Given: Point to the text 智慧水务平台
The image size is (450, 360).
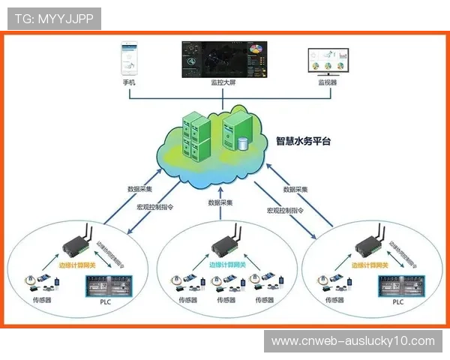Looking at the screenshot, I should tap(303, 140).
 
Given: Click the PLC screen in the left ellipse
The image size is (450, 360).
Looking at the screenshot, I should tap(104, 286).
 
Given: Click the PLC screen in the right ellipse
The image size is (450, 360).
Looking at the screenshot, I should tap(398, 286).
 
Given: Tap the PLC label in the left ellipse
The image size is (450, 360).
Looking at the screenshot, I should tap(104, 302).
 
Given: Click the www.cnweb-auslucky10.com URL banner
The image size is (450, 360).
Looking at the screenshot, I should tap(352, 341).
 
